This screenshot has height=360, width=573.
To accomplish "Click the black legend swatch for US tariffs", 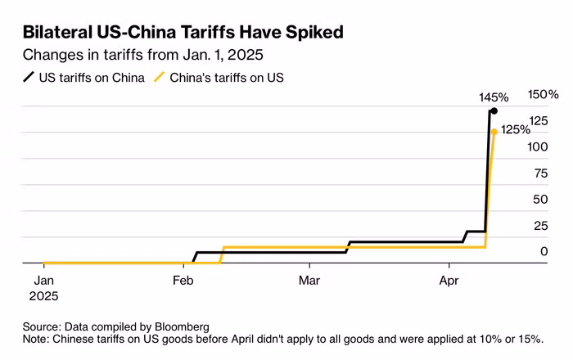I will click(29, 78).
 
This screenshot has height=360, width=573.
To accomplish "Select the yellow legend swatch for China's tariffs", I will click(160, 78).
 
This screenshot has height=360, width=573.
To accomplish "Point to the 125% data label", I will click(515, 129).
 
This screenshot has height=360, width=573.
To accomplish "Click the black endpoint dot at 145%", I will click(494, 110).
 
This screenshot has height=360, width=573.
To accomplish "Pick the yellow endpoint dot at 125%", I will click(494, 131).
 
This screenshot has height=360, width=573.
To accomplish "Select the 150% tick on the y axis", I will click(543, 95).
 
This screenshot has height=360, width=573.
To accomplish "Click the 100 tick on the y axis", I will click(538, 147).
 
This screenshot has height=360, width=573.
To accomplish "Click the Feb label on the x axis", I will click(183, 281).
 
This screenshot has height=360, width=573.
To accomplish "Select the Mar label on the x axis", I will click(309, 281).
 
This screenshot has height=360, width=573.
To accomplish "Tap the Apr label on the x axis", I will click(449, 281).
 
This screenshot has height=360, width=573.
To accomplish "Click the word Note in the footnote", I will click(37, 338).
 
